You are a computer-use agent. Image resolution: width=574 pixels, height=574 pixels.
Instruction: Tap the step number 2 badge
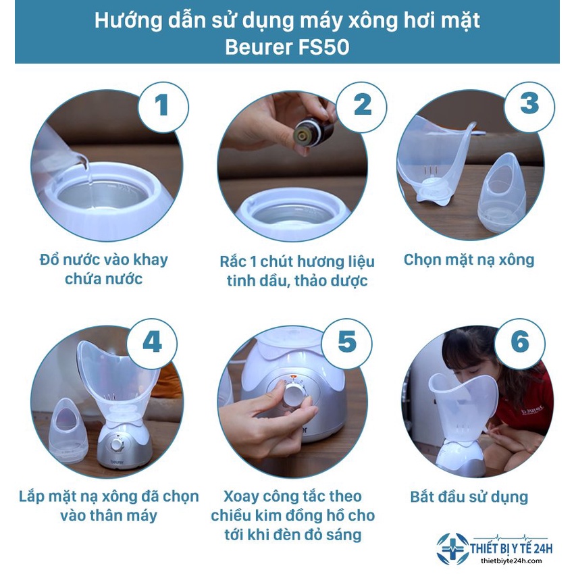tap(362, 105)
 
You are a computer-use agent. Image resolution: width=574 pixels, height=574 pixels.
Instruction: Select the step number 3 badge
tap(529, 104)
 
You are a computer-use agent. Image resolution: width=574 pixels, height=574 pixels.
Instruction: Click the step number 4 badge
tap(152, 343)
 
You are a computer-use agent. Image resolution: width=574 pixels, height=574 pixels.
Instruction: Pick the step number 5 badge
tap(346, 343)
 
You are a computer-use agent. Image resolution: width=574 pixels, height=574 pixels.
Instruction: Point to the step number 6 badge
tap(519, 343)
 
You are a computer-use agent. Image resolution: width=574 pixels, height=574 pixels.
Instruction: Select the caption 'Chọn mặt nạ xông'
tap(469, 260)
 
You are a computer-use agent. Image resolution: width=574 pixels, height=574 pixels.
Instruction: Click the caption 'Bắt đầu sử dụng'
tap(469, 498)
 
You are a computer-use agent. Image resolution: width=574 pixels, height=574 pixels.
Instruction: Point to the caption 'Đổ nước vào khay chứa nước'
tap(103, 269)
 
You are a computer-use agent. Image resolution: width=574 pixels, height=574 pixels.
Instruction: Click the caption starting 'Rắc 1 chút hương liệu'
tap(297, 270)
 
